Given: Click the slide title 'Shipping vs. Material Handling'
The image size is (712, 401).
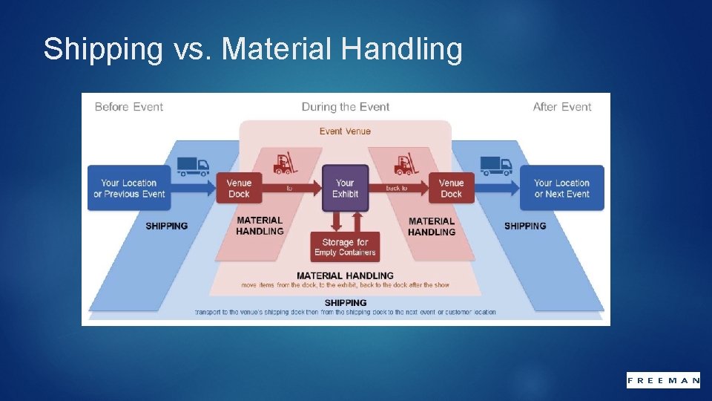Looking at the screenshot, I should [x=252, y=50].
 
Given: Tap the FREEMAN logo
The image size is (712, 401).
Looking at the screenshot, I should [x=663, y=380].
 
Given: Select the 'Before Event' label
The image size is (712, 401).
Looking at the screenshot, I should [x=129, y=107].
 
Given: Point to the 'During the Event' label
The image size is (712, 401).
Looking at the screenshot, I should [x=346, y=107].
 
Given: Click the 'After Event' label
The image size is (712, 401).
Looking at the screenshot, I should [x=562, y=107].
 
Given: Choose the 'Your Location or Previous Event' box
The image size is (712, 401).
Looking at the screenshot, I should [x=129, y=189].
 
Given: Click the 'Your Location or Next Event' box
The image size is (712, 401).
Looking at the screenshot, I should [x=561, y=189].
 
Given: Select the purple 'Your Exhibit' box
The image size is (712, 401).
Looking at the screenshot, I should [x=345, y=189].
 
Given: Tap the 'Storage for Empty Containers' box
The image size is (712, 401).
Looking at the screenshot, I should [x=345, y=247].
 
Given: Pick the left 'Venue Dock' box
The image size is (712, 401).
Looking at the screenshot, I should [x=239, y=189].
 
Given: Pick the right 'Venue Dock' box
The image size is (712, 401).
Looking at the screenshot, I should [x=451, y=189].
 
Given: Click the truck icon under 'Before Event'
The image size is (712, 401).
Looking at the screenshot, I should [x=193, y=166].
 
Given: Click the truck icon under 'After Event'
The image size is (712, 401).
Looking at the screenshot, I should [x=496, y=166].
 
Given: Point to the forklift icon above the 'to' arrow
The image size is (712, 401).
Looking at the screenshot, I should [x=284, y=164].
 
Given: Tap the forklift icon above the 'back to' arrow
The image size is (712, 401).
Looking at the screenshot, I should [x=405, y=164].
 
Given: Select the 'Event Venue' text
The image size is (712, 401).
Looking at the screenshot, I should [x=345, y=131].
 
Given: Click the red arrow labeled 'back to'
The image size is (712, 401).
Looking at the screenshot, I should [x=398, y=189].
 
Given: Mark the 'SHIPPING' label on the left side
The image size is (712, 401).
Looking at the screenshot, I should [x=166, y=226].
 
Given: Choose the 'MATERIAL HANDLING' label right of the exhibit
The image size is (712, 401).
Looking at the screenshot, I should [x=432, y=226].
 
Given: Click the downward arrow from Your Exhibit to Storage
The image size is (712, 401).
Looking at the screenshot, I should [x=336, y=221].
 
